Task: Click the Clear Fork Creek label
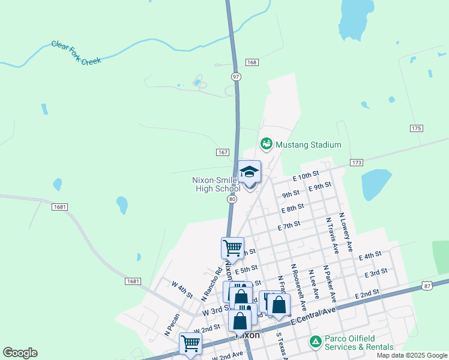76,53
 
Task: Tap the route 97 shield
237,76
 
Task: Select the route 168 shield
252,62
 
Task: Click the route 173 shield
357,163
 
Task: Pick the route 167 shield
223,152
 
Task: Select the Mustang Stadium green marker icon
266,145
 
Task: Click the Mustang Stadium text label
308,145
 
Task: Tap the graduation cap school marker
250,173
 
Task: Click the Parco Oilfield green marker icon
315,341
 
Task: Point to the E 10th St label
306,176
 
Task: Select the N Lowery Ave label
346,232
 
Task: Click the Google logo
20,353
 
